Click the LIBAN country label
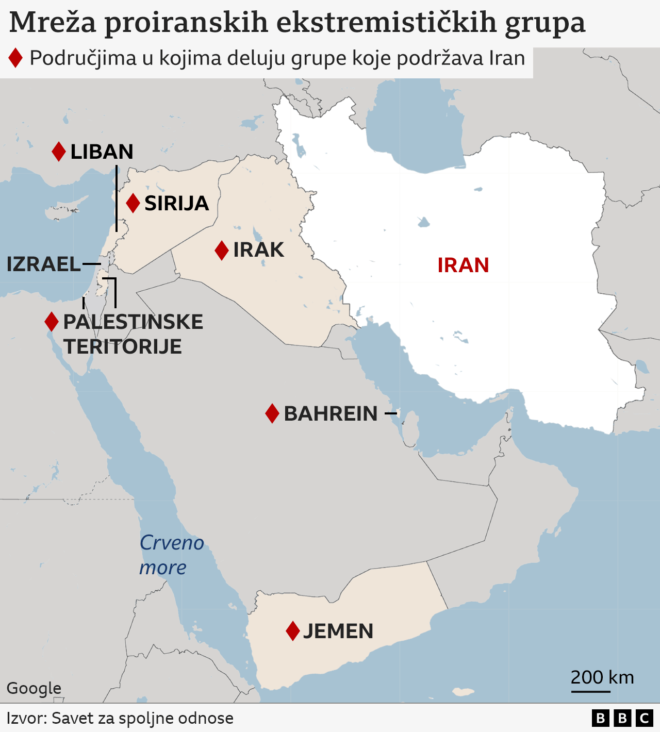102,152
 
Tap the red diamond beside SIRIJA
133,203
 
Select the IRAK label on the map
258,250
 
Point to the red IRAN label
463,265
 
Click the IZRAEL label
44,264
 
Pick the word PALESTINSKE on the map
133,322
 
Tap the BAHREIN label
331,414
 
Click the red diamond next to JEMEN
293,631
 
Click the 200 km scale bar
590,691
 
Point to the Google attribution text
34,688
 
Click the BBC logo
622,718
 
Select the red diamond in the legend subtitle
15,58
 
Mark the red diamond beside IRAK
222,251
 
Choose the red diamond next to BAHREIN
272,413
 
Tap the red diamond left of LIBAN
59,152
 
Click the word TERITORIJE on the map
123,347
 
